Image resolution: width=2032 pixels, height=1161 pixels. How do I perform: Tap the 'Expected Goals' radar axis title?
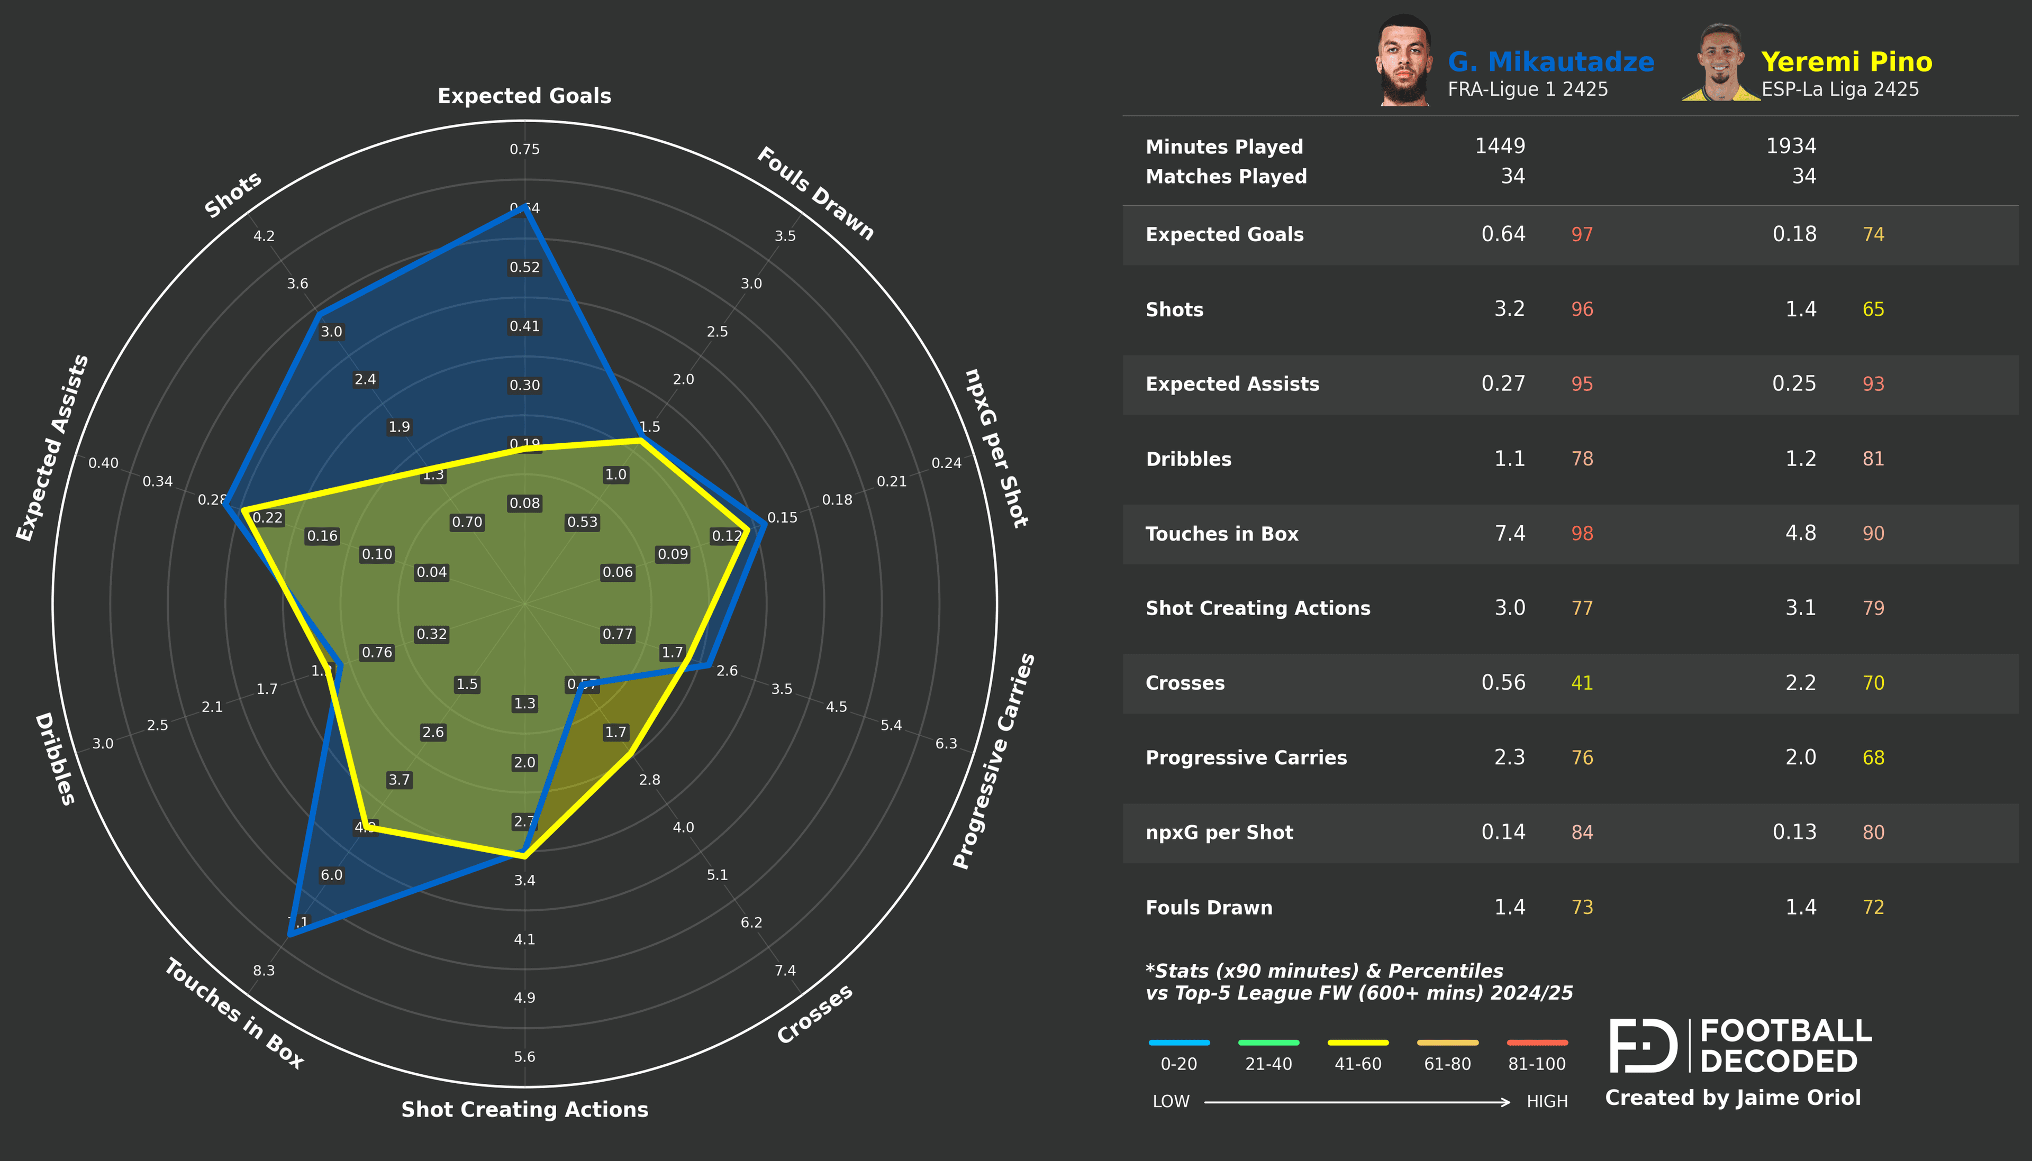tap(524, 96)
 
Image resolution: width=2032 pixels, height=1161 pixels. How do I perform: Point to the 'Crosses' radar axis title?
tap(814, 1014)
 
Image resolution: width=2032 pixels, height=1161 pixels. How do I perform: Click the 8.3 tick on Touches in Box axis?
tap(264, 971)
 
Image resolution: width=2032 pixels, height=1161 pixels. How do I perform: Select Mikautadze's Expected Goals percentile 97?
tap(1582, 234)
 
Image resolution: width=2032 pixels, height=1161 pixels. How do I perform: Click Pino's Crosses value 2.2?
tap(1800, 682)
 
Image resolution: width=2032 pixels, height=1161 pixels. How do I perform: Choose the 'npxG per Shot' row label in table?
tap(1219, 833)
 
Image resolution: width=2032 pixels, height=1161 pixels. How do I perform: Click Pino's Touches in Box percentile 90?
tap(1873, 534)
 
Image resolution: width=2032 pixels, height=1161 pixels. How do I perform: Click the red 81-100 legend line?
tap(1537, 1042)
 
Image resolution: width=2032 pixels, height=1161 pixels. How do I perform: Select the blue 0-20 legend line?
tap(1178, 1042)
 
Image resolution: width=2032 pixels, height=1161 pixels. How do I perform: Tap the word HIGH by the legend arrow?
tap(1546, 1101)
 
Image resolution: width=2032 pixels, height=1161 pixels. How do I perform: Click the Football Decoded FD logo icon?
tap(1643, 1045)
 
